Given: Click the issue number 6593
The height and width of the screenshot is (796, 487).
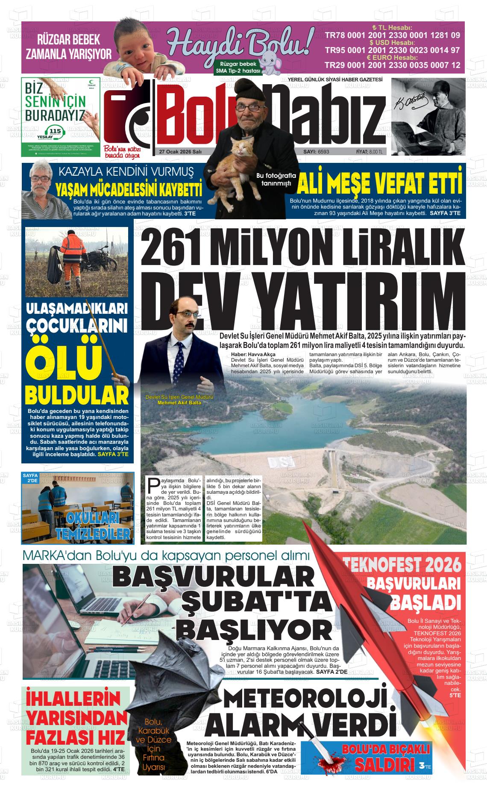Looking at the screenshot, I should coord(323,152).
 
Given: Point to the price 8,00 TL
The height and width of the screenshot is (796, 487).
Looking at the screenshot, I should coord(376,152).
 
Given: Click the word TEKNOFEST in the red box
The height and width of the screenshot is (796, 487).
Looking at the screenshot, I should coord(389,566).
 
